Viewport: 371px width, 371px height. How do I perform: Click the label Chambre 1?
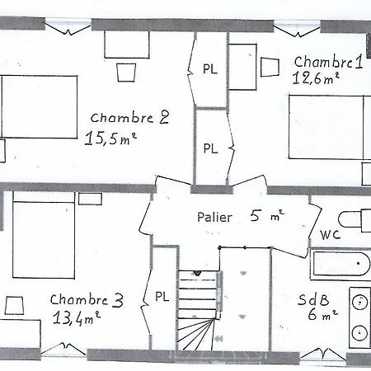(x=328, y=62)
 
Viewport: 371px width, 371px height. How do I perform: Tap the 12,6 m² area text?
(x=316, y=80)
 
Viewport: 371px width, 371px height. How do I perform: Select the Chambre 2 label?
(x=130, y=117)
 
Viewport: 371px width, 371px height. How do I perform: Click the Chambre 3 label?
(x=86, y=300)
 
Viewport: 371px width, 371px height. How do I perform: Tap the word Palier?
(x=214, y=218)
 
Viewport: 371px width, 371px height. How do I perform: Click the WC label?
(x=330, y=235)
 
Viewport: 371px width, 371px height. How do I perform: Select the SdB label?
(x=311, y=300)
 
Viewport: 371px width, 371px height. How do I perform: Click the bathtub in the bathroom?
(x=340, y=265)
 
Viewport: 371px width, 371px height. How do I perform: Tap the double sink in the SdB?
(x=359, y=317)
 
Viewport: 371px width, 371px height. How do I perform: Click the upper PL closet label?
(x=210, y=69)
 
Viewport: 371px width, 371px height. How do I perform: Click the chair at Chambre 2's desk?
(x=125, y=73)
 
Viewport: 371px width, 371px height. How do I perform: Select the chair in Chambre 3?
(x=14, y=306)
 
